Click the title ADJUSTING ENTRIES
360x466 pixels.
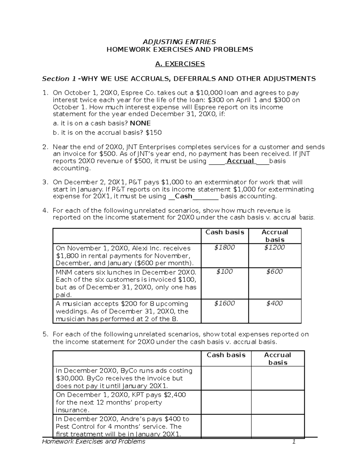coord(180,42)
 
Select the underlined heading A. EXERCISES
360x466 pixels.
coord(180,64)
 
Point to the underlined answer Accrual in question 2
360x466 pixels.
coord(240,161)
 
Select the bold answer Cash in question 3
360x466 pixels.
coord(183,197)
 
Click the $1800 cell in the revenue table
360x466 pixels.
coord(224,248)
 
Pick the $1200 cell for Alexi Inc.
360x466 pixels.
coord(274,248)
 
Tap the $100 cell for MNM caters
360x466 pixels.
coord(224,272)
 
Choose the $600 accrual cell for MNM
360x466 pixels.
coord(274,272)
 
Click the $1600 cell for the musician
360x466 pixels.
coord(224,303)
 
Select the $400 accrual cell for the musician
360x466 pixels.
coord(274,303)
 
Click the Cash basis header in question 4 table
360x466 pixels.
coord(225,232)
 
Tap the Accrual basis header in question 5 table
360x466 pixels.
coord(277,359)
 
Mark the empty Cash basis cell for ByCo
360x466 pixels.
coord(226,378)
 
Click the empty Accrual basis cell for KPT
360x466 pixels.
coord(277,402)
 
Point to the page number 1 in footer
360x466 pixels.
coord(294,442)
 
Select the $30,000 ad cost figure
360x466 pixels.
coord(67,378)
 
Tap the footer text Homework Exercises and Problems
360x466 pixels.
coord(94,442)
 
